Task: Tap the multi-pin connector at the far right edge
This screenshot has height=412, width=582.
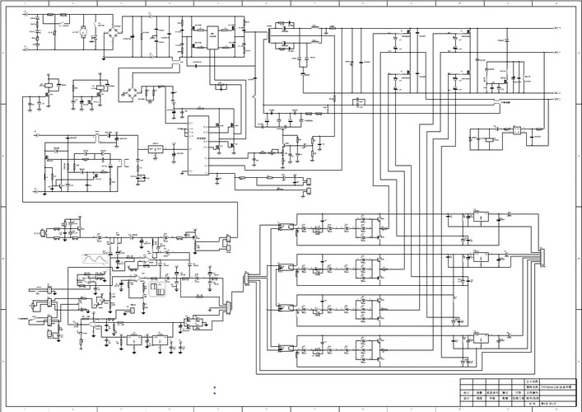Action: pos(541,263)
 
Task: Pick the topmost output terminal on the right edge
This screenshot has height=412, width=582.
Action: pos(558,28)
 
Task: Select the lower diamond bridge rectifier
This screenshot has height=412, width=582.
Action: pos(133,89)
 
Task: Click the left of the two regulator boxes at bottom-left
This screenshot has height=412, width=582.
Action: pos(131,339)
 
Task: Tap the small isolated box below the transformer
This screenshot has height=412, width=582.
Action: pos(358,102)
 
